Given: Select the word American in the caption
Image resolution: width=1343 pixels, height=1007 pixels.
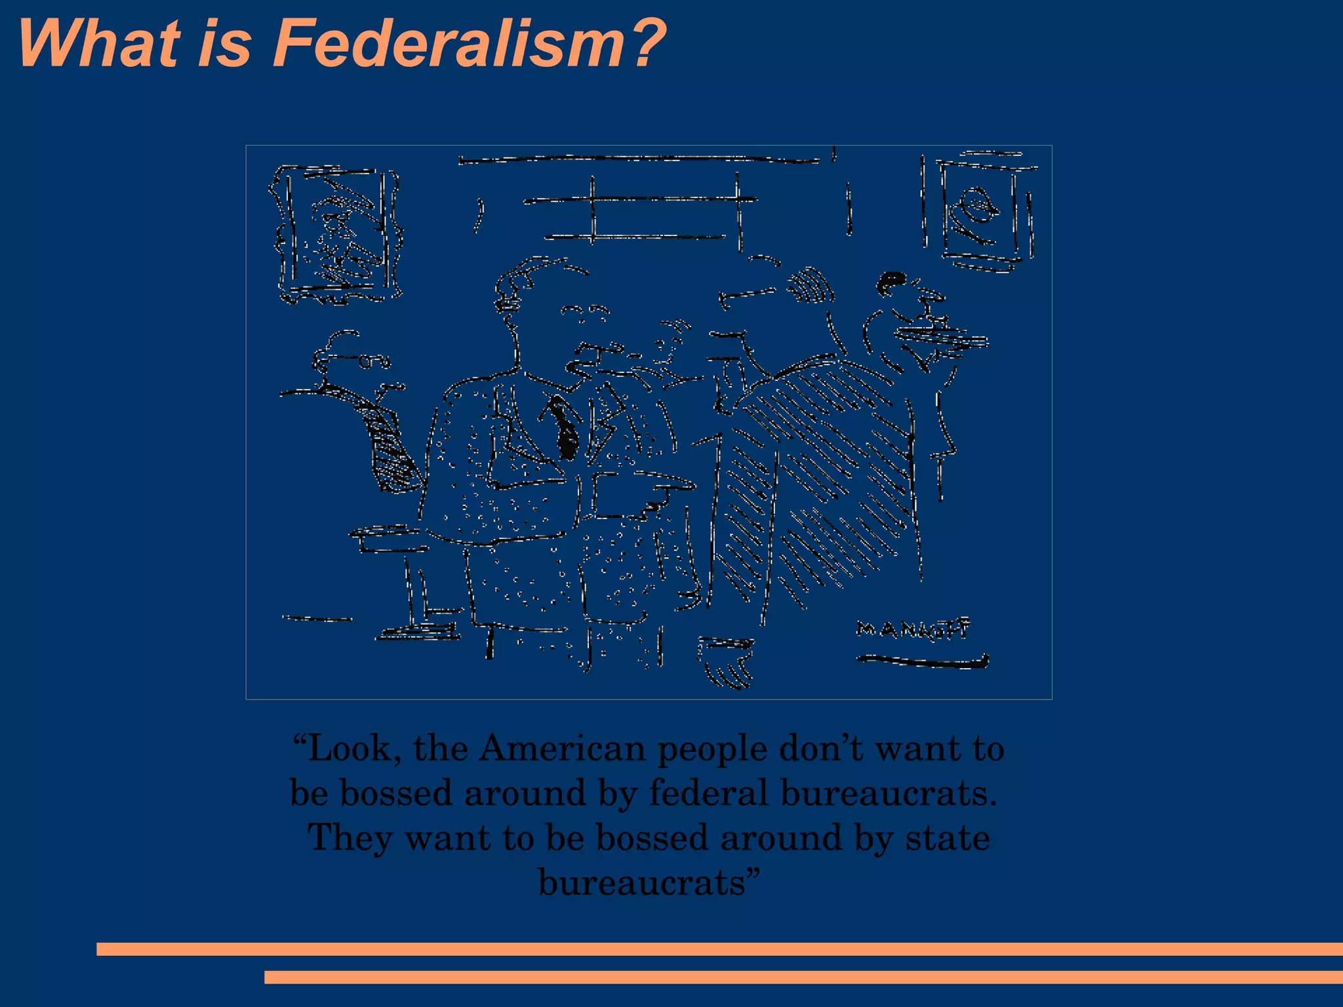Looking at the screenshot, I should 562,748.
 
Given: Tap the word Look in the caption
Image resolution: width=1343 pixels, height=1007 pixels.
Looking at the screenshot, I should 348,748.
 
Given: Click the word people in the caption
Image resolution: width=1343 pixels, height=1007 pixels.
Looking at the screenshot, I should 712,749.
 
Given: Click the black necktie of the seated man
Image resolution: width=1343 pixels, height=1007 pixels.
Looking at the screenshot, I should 563,426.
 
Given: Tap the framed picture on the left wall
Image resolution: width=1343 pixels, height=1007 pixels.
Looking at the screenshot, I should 336,234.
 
